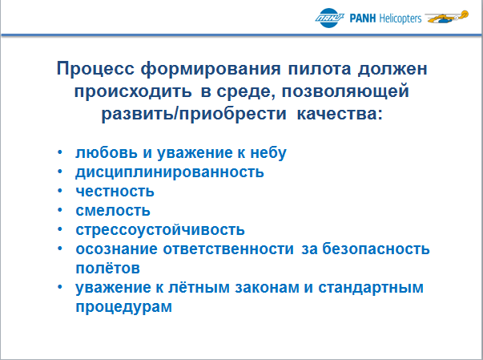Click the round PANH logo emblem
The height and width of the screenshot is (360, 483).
(x=329, y=18)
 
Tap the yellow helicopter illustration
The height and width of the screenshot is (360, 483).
(x=447, y=17)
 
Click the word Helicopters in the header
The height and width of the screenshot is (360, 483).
(x=400, y=18)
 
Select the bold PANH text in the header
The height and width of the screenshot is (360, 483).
(x=363, y=18)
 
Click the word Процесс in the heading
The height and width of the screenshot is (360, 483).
(x=95, y=69)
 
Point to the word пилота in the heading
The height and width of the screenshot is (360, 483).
(x=320, y=69)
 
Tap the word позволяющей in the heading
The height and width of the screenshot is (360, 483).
(x=345, y=91)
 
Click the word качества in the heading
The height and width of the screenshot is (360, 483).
(x=340, y=114)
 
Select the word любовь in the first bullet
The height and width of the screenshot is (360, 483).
(x=107, y=152)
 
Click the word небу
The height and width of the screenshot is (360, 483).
(x=268, y=153)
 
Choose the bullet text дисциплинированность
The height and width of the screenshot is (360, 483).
(x=170, y=172)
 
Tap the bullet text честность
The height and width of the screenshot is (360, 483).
(x=115, y=191)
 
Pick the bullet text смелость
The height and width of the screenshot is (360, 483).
(x=113, y=211)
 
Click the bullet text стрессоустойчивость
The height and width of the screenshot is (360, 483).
(x=160, y=230)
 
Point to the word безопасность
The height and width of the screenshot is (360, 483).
(x=376, y=249)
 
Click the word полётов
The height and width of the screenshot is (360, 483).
(x=108, y=268)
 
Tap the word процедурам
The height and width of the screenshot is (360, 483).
(x=124, y=307)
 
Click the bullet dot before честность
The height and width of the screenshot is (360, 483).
(x=60, y=191)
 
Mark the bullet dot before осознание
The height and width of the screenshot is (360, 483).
(x=60, y=249)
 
